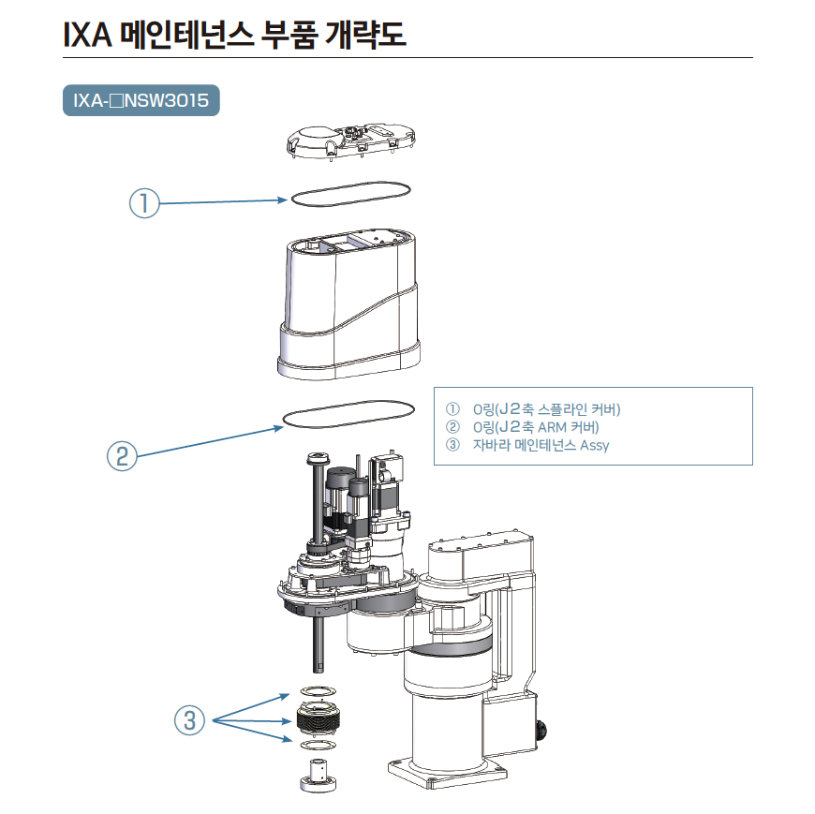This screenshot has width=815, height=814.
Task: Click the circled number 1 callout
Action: (x=144, y=203)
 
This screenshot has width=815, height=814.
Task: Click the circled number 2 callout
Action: (x=123, y=456)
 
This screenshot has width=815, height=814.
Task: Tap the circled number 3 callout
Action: (x=189, y=720)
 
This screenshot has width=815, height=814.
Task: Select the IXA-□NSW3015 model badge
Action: (x=141, y=100)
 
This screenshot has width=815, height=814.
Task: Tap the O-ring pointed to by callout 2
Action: (x=348, y=414)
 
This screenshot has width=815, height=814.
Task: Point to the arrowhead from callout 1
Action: (x=283, y=200)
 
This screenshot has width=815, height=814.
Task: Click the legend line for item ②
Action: (x=535, y=427)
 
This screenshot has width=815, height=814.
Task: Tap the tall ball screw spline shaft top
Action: (x=315, y=458)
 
